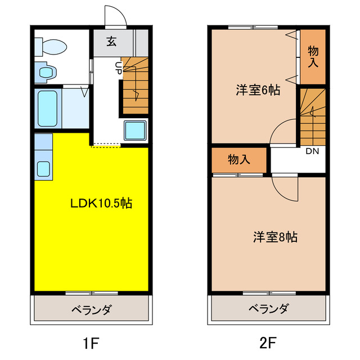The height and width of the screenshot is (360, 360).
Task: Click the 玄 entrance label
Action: pos(111,41)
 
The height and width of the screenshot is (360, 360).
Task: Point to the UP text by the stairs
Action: pos(119,67)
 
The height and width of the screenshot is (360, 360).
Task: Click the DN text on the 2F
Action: pos(312,151)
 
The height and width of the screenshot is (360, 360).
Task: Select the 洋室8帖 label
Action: pos(275,237)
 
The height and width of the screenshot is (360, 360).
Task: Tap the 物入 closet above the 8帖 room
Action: pos(239,160)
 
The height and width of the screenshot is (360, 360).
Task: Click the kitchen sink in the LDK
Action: pos(43,168)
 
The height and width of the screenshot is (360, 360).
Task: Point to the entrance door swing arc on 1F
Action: pos(115,16)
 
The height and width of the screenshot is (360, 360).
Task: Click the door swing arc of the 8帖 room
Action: pos(284,188)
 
